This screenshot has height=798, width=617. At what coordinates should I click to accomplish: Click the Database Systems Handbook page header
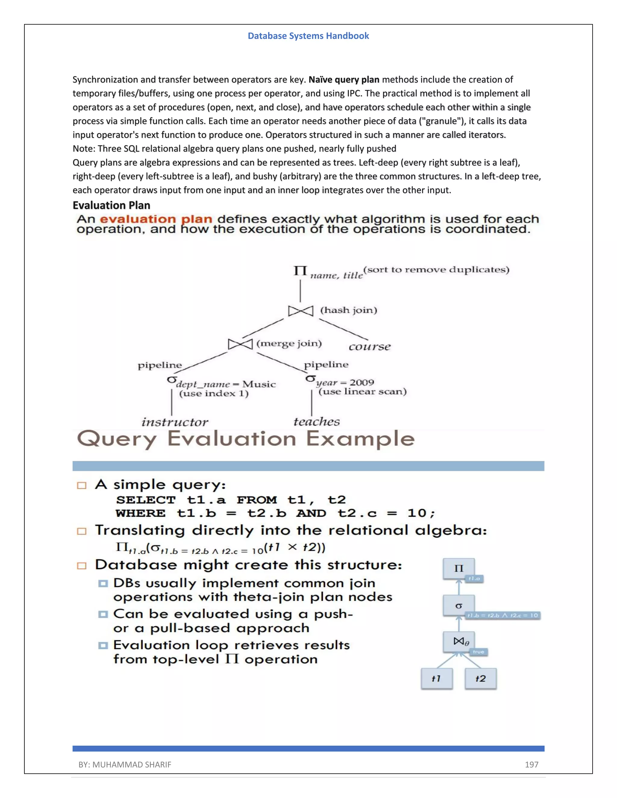tap(308, 36)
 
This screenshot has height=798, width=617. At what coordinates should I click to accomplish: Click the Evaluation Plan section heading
tap(111, 205)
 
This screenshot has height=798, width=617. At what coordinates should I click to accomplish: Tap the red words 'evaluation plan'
tap(156, 219)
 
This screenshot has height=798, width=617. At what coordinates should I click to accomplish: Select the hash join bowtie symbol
tap(300, 311)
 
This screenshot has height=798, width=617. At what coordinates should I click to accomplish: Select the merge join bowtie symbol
tap(240, 344)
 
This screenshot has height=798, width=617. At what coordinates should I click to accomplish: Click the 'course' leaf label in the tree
tap(370, 346)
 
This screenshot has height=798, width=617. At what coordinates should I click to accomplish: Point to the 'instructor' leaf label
tap(175, 422)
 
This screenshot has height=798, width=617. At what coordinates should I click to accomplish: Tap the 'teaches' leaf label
tap(317, 422)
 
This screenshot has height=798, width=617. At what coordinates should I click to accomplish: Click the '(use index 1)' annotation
tap(214, 394)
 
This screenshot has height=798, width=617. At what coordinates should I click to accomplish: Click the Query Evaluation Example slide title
tap(246, 438)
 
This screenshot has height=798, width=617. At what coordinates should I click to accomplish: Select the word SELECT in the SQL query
tap(146, 500)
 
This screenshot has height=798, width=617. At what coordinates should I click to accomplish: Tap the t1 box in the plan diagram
tap(437, 678)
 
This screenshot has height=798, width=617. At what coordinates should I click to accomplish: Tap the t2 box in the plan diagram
tap(480, 678)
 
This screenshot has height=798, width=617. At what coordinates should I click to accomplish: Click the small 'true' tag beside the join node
tap(478, 652)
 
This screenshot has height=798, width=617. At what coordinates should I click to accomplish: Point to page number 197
tap(531, 764)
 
